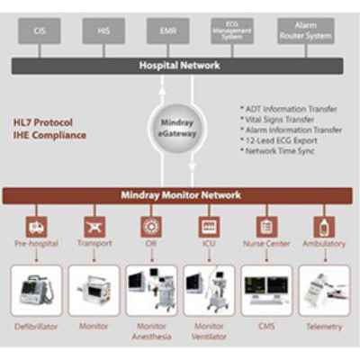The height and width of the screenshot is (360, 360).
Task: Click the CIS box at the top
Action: (x=40, y=31)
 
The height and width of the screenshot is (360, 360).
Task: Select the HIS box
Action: (x=103, y=31)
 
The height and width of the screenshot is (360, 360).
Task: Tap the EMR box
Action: (x=168, y=31)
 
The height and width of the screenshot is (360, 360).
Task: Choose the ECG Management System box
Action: (x=232, y=31)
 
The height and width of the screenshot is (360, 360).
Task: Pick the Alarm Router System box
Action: (x=305, y=31)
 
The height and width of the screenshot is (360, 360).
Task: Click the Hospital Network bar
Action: (x=179, y=66)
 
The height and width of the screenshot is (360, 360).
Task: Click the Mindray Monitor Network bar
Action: (x=179, y=193)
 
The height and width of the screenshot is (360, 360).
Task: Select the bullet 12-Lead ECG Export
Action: (x=283, y=141)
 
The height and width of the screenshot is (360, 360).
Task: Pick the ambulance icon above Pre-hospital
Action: (x=37, y=226)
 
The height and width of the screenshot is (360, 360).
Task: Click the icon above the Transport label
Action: (x=94, y=226)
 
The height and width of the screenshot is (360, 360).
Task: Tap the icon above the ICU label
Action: (x=207, y=226)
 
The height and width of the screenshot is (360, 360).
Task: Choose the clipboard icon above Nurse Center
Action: (x=265, y=226)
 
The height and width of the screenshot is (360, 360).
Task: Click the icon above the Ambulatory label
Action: (x=321, y=226)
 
